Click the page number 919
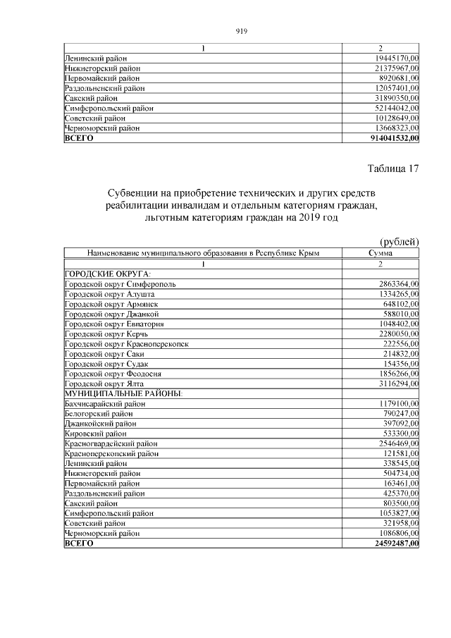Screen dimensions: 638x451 [241, 31]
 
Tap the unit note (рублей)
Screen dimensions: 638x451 [400, 242]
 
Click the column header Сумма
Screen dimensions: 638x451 [381, 253]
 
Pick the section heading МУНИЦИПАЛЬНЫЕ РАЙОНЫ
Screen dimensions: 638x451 [123, 393]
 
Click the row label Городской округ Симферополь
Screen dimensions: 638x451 [121, 283]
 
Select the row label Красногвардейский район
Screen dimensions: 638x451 [111, 443]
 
